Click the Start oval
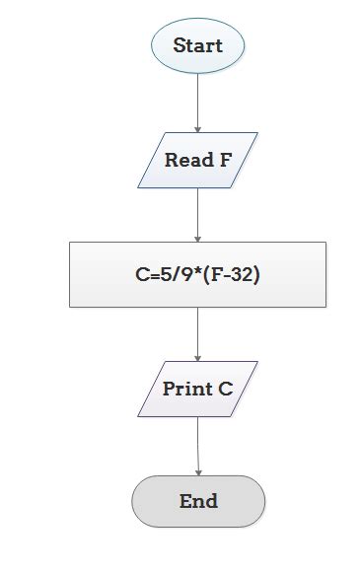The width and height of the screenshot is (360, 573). coord(197,45)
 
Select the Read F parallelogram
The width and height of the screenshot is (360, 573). coord(197,160)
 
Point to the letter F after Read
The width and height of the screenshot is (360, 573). coord(226,160)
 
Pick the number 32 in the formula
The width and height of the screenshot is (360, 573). coord(240,275)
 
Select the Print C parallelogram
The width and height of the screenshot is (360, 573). coord(197,389)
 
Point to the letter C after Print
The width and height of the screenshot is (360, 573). coord(226,389)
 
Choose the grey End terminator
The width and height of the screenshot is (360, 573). coord(198,501)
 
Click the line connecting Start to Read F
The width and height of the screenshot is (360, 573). coord(197,99)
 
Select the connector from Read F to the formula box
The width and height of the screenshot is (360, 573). coord(197,212)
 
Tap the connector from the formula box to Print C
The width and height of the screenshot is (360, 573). coord(197,332)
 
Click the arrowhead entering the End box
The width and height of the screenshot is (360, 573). coord(198,472)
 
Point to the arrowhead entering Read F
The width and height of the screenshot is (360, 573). coord(197,129)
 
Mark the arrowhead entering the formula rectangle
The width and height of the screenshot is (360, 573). coord(197,239)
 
